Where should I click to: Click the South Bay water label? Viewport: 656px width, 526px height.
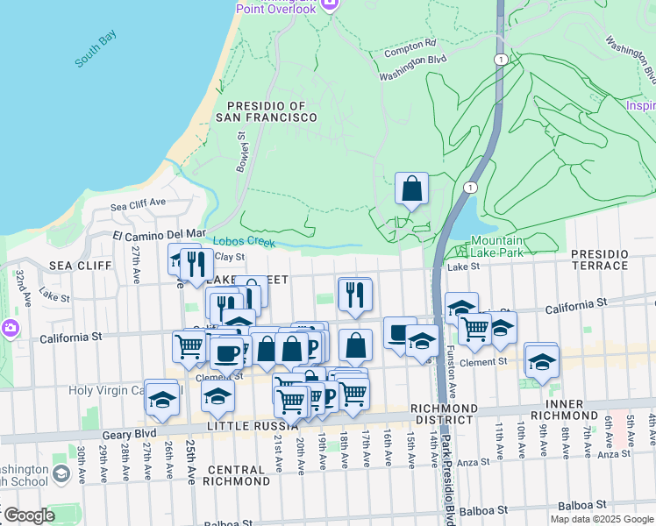click(96, 49)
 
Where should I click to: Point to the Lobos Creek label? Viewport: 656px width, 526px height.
click(244, 243)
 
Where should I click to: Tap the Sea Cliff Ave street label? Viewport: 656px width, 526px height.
click(138, 203)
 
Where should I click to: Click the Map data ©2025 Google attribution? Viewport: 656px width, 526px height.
click(602, 519)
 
